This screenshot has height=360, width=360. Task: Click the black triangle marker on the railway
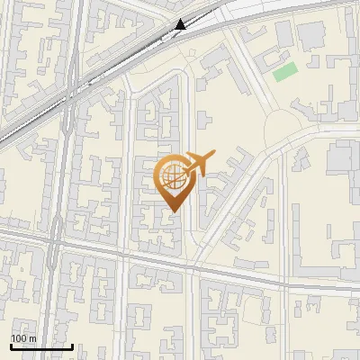click(x=181, y=24)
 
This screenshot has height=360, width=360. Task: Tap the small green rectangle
click(x=284, y=72)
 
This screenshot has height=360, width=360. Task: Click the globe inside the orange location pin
click(x=173, y=176)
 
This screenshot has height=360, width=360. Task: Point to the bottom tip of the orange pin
click(x=173, y=211)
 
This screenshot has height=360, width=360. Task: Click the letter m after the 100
click(x=32, y=338)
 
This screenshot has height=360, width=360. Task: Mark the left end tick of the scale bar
click(x=11, y=345)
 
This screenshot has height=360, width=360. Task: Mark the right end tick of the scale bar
click(x=72, y=345)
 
